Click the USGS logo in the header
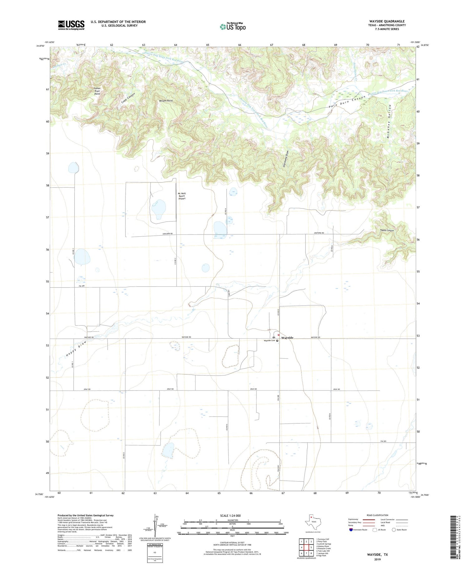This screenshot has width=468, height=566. coord(71,25)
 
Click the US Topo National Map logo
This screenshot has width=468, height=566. coord(233,27)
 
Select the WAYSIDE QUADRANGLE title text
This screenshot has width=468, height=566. coord(387,21)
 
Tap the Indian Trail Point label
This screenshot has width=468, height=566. coord(97,91)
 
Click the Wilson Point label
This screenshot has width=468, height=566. coord(166,101)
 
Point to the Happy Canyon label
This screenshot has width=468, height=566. coord(387,230)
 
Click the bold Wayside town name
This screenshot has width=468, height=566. coord(287,338)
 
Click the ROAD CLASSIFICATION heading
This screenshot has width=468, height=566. coord(377,515)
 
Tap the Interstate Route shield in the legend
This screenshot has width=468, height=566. coord(351,529)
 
